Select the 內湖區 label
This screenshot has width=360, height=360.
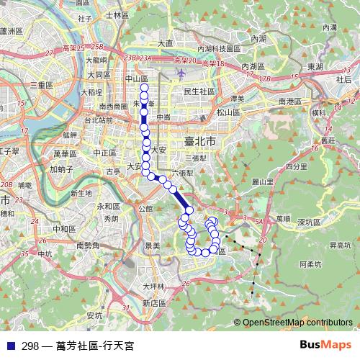(x=252, y=66)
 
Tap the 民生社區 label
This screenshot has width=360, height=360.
(x=199, y=91)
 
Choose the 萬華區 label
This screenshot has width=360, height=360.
(x=73, y=153)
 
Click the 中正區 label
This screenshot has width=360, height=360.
(x=104, y=153)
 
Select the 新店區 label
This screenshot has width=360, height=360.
(x=153, y=304)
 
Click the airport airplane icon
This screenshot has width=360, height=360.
(x=179, y=74)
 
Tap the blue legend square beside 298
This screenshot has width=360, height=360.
(x=9, y=345)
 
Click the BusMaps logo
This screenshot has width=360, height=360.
(x=325, y=345)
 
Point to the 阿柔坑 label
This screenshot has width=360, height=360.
(x=315, y=264)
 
